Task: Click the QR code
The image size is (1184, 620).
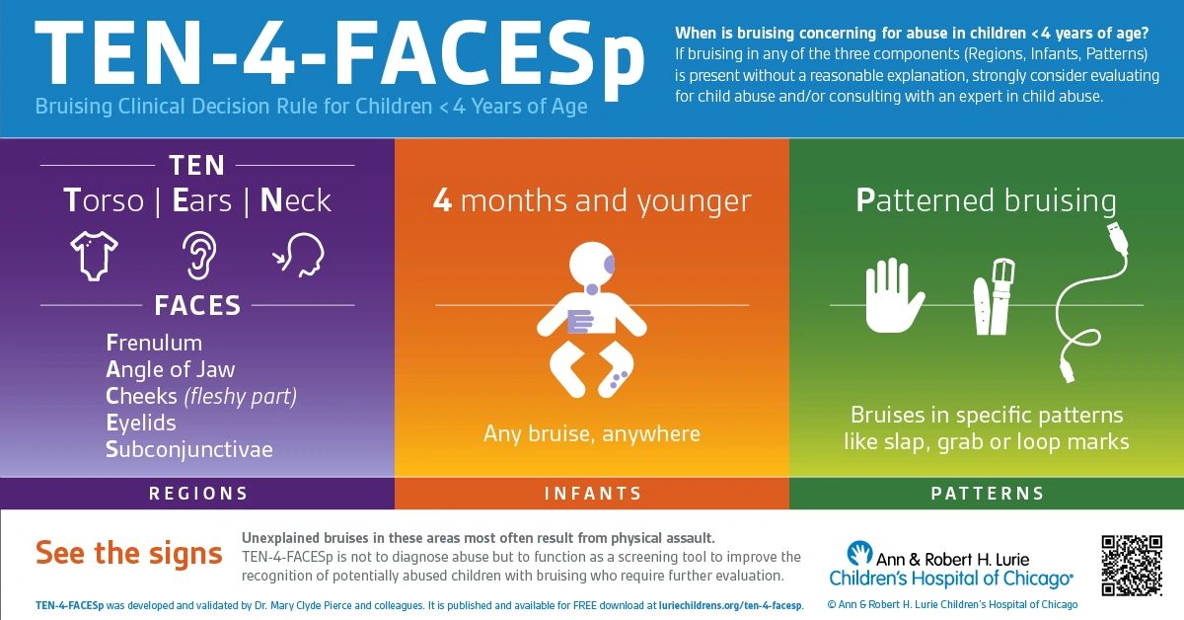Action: (x=1132, y=565)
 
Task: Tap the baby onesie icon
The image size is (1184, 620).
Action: (x=95, y=255)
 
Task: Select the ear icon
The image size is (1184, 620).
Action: (x=196, y=255)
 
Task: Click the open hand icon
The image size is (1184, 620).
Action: (x=894, y=295)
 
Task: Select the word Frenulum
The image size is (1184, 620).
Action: (x=154, y=343)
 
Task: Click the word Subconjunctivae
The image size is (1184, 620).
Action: (x=189, y=449)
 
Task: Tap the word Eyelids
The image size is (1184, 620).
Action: (x=141, y=423)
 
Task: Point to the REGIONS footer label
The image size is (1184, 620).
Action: (x=198, y=493)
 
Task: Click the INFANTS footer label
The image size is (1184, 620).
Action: (x=593, y=493)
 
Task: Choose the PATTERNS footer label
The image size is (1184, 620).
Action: (x=988, y=493)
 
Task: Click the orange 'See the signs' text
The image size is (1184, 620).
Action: (x=129, y=553)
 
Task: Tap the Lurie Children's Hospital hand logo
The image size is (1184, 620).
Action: (x=858, y=553)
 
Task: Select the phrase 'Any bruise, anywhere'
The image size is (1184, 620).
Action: (x=592, y=433)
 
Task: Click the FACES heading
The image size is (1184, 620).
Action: (x=197, y=305)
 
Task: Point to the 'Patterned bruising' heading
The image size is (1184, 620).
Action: (x=986, y=201)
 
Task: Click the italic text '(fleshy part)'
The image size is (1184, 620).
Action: (x=241, y=396)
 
